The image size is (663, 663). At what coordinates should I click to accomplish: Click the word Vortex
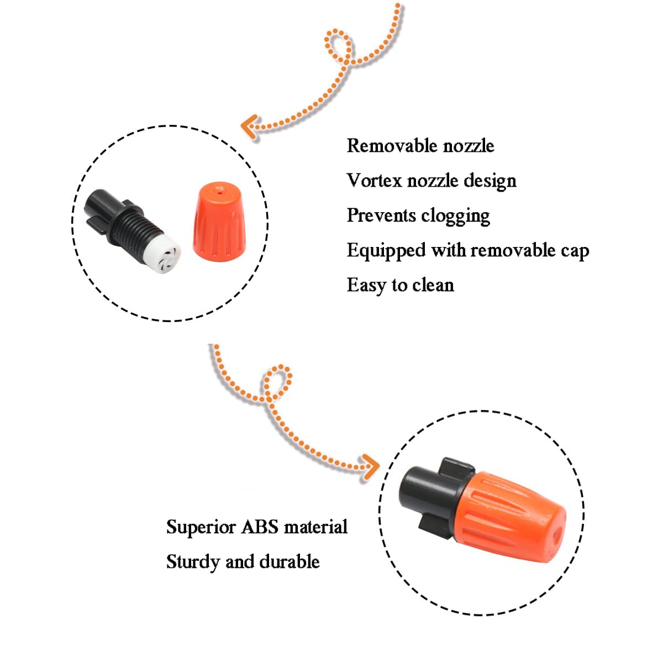374,180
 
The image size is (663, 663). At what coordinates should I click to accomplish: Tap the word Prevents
382,215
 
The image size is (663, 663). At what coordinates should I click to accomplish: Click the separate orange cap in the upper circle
220,222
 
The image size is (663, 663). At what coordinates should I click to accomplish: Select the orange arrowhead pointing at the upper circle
249,127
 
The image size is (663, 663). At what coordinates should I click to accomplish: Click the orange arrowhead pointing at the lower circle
370,467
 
